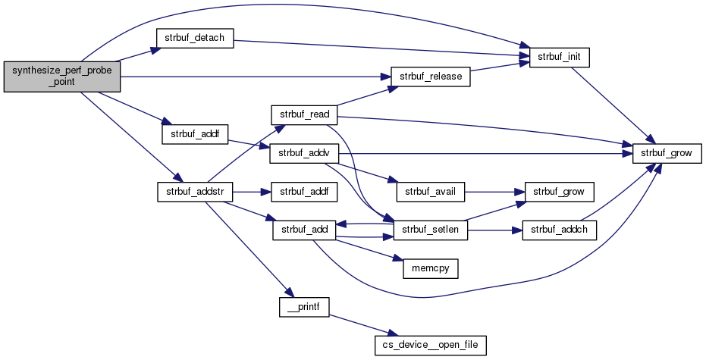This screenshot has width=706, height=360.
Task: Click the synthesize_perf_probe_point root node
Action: tap(61, 77)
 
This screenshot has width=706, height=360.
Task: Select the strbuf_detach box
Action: tap(194, 39)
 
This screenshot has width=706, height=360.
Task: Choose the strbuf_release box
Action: tap(431, 77)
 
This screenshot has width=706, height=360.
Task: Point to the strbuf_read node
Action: tap(304, 114)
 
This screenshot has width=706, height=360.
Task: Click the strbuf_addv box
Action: tap(303, 152)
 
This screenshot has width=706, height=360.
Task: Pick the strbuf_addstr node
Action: tap(194, 191)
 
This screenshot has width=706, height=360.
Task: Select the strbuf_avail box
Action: tap(430, 191)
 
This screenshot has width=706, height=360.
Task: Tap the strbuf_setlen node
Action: tap(430, 230)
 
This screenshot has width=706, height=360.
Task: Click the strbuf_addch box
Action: tap(559, 230)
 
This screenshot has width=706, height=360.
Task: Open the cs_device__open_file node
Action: tap(430, 344)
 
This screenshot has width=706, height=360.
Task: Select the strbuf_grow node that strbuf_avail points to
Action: tap(559, 191)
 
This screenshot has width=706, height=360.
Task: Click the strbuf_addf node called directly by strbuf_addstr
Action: tap(303, 191)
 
